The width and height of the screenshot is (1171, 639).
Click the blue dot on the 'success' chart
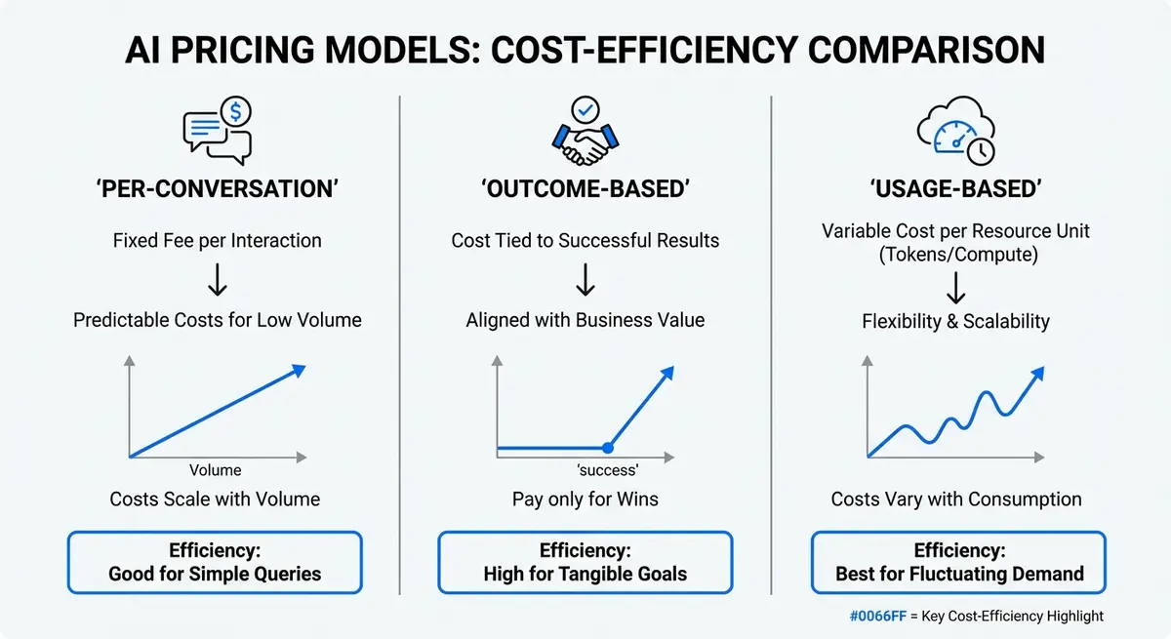click(607, 448)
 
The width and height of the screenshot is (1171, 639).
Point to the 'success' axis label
click(585, 469)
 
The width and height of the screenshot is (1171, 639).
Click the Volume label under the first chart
click(215, 470)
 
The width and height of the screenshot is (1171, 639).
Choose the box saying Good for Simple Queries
click(215, 562)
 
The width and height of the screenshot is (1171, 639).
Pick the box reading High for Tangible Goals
click(585, 562)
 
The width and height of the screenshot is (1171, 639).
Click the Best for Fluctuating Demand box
click(958, 562)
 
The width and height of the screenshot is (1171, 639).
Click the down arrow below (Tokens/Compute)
click(956, 288)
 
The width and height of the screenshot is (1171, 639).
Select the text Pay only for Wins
click(585, 499)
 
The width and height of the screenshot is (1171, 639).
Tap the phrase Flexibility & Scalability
click(956, 322)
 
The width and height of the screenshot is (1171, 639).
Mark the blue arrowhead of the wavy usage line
click(1036, 374)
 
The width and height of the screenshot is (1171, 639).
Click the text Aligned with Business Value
click(585, 320)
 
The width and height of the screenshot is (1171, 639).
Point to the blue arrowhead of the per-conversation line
click(297, 370)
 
